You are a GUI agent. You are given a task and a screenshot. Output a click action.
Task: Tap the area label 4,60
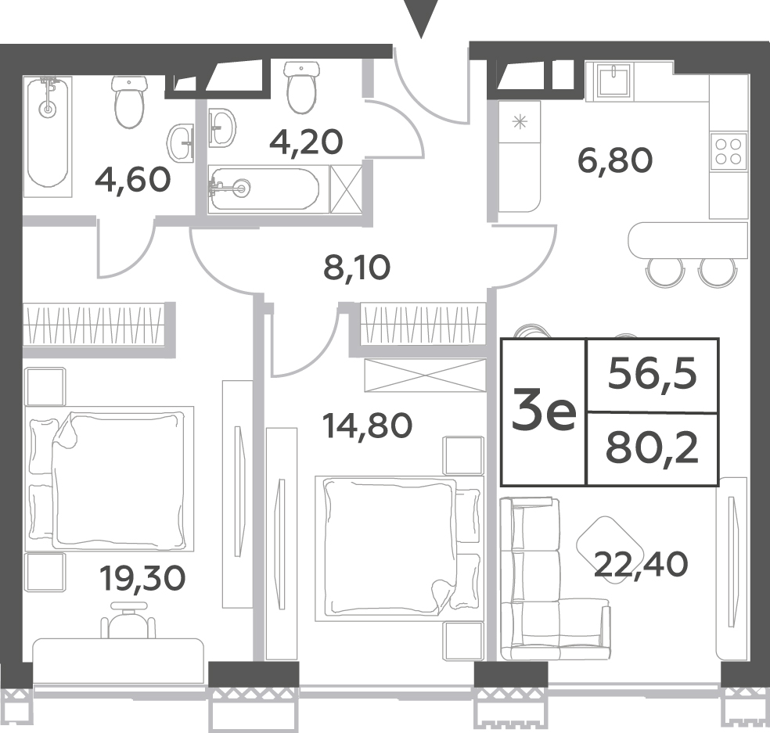[x=133, y=179]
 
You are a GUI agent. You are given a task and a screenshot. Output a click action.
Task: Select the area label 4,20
[x=307, y=142]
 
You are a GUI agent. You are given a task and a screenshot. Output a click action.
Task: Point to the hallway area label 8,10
[x=357, y=268]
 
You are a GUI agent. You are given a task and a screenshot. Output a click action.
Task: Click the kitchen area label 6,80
[x=615, y=161]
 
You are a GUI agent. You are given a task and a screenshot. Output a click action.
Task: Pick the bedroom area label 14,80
[x=367, y=426]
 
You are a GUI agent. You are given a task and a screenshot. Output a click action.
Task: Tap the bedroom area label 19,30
[x=142, y=577]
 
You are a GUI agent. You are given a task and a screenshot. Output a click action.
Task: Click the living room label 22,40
[x=641, y=564]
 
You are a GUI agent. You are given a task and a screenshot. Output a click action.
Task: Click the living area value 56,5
[x=652, y=375]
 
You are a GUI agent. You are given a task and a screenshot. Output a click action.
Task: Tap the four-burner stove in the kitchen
[x=729, y=151]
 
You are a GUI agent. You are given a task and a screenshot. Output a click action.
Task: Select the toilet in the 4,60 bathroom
[x=130, y=102]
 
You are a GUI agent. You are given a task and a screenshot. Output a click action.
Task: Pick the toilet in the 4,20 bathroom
[x=302, y=86]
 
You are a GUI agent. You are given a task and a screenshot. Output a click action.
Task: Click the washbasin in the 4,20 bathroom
[x=222, y=128]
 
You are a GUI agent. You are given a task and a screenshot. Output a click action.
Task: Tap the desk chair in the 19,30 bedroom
[x=128, y=620]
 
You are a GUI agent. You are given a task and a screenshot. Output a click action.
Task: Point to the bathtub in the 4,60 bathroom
[x=48, y=136]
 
